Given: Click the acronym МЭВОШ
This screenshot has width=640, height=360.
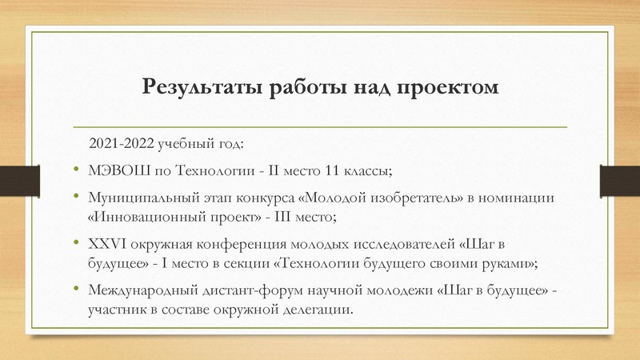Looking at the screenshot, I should coord(115,170).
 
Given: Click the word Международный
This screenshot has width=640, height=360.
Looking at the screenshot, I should coord(134,290).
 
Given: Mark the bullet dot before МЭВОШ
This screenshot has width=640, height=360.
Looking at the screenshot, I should coord(75,170).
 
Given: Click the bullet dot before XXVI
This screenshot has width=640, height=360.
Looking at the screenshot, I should coord(75,243).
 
